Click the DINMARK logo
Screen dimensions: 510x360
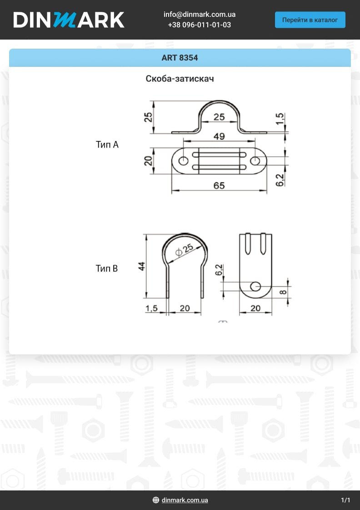[x=69, y=20]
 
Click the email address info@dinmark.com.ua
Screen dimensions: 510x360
[x=199, y=15]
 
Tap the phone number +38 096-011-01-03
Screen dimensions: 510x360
[x=199, y=25]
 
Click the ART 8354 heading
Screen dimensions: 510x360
[x=180, y=58]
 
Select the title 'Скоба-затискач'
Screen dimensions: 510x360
[x=180, y=79]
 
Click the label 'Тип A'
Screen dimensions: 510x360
[x=107, y=145]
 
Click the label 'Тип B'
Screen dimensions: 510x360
[x=107, y=268]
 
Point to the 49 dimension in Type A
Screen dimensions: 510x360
[x=219, y=136]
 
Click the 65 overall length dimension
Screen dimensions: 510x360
[x=219, y=186]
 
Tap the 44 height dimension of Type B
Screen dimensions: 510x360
[x=142, y=266]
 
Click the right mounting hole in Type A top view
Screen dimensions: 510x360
[x=255, y=161]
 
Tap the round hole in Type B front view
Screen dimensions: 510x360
[x=255, y=286]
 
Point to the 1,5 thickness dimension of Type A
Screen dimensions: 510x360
[x=280, y=119]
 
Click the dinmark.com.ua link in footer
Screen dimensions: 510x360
[x=185, y=500]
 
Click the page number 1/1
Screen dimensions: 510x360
[x=345, y=500]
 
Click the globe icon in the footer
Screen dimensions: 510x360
[x=156, y=500]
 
